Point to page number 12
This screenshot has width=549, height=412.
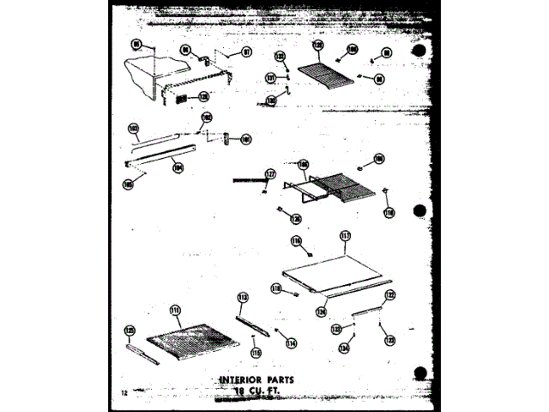click(124, 393)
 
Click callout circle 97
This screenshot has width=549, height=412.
click(246, 51)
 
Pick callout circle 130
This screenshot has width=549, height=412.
click(271, 100)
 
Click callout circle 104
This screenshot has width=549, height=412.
click(178, 168)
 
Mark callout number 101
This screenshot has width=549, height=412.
click(245, 139)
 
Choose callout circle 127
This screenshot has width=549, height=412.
click(271, 174)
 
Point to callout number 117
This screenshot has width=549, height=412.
click(345, 235)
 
